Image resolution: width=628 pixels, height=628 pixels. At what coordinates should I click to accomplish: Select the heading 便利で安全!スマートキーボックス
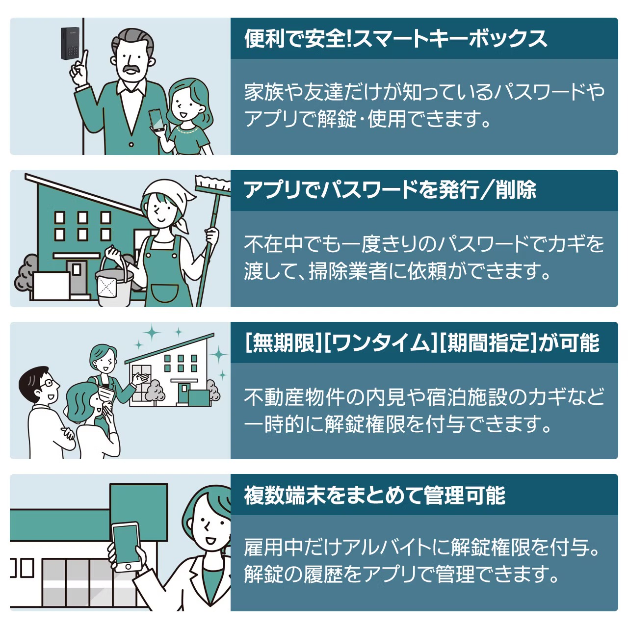pyautogui.click(x=395, y=39)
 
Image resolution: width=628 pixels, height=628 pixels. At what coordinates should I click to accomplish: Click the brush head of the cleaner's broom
pyautogui.click(x=213, y=184)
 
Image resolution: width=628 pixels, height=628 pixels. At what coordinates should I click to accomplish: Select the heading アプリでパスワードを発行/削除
pyautogui.click(x=390, y=190)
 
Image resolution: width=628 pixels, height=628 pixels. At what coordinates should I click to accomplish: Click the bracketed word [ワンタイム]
pyautogui.click(x=381, y=342)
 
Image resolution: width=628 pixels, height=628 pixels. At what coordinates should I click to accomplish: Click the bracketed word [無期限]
pyautogui.click(x=284, y=342)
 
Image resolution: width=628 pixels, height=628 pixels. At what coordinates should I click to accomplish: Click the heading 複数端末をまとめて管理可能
pyautogui.click(x=374, y=495)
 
